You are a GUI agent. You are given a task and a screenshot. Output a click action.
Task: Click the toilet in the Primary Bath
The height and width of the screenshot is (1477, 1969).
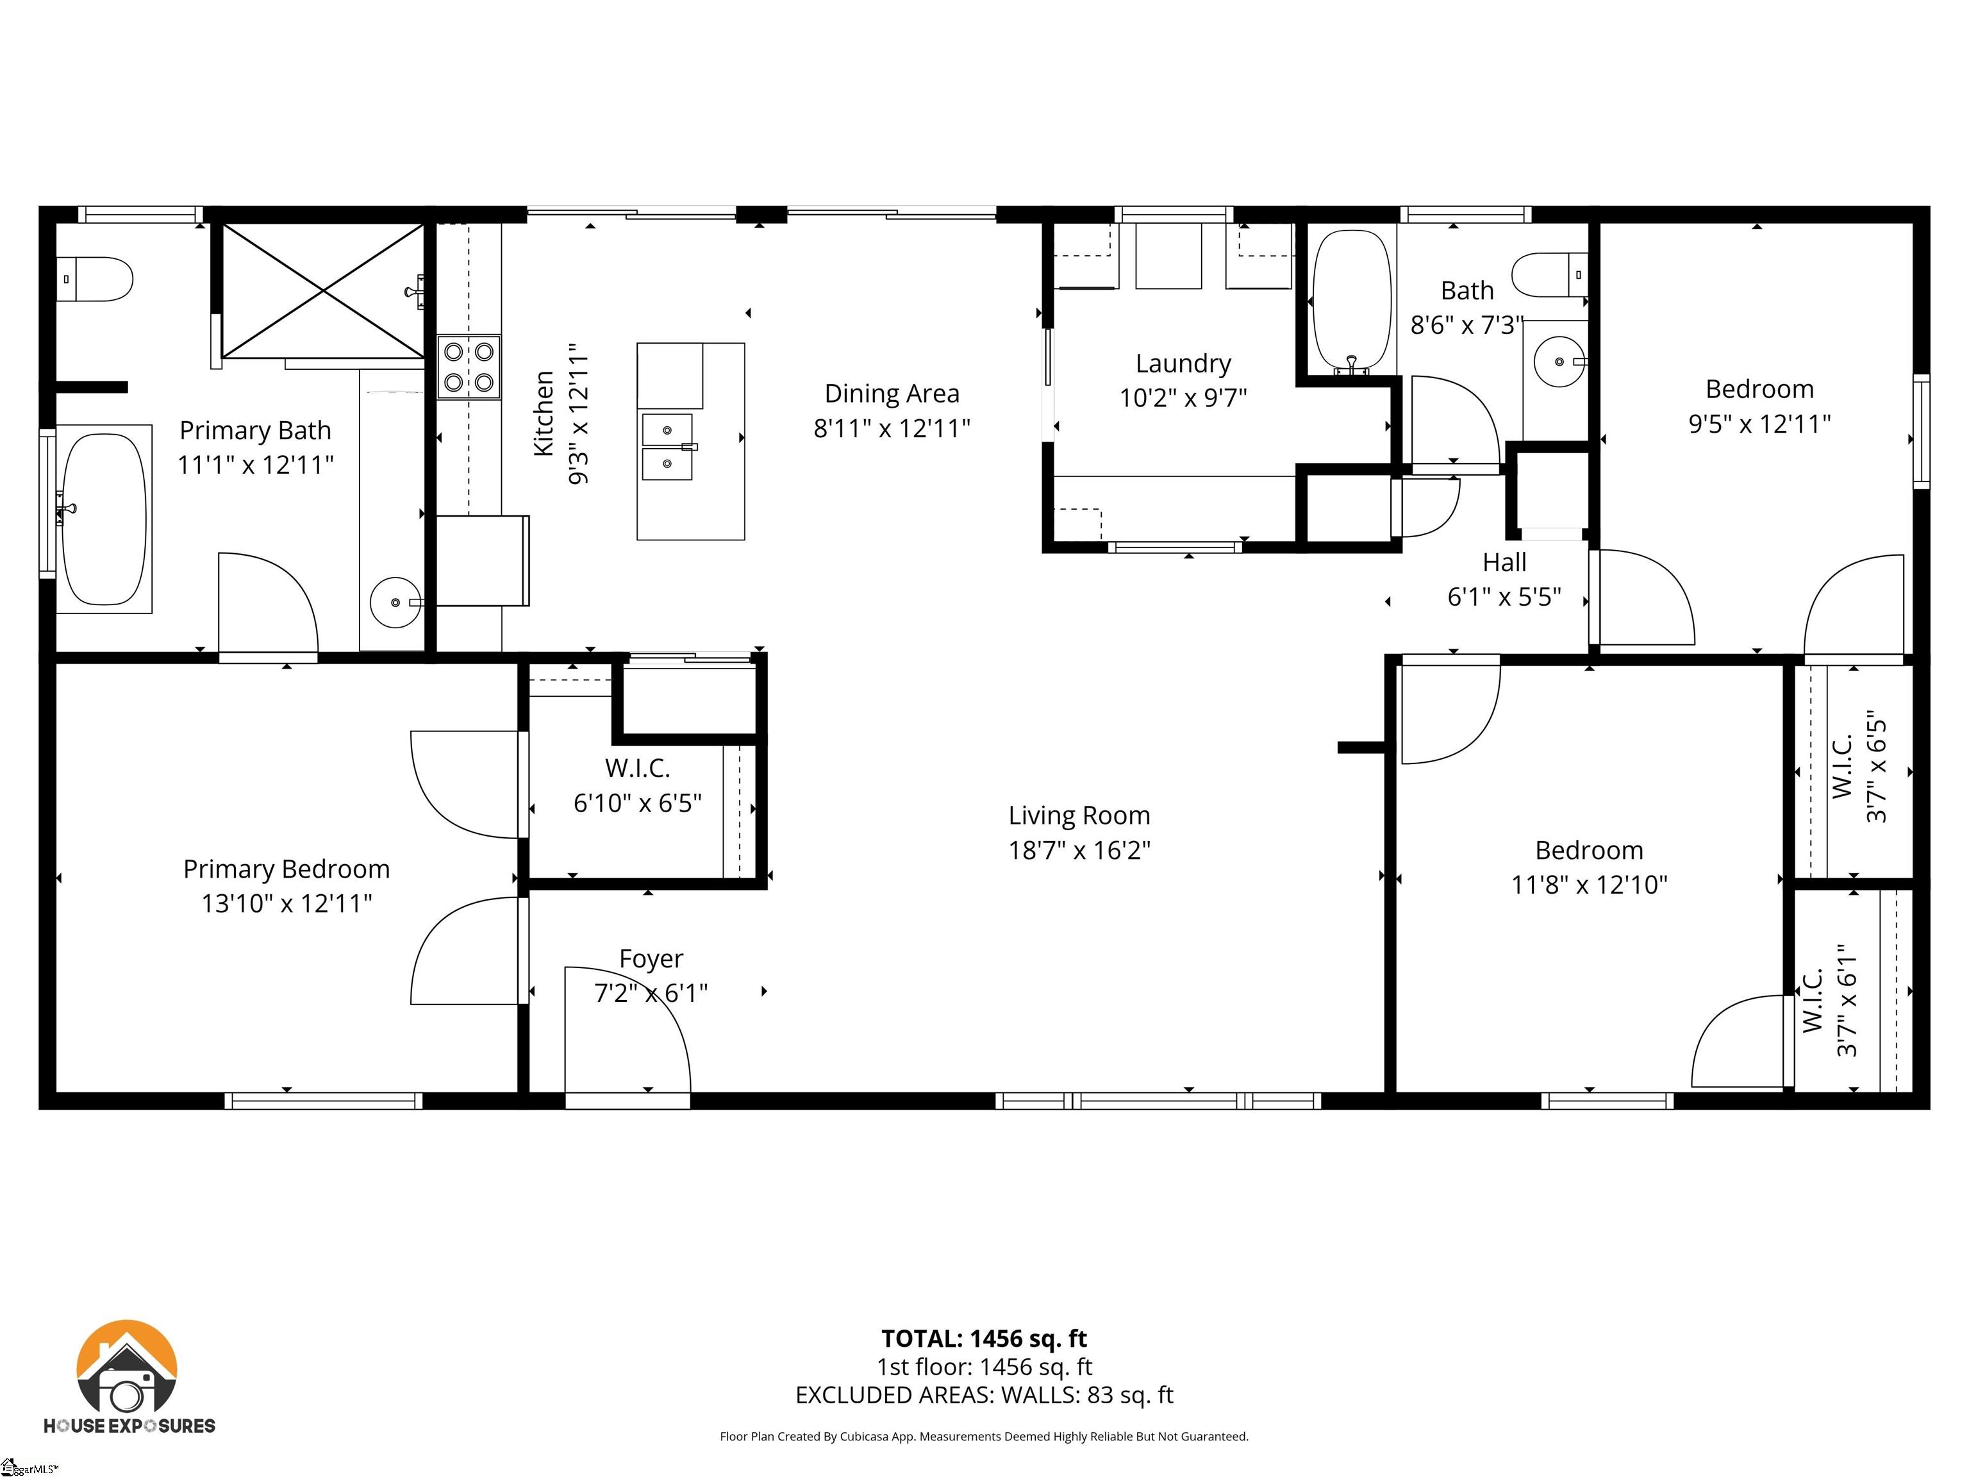96,280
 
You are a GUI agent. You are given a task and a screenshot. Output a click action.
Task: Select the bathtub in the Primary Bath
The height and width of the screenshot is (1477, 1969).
103,519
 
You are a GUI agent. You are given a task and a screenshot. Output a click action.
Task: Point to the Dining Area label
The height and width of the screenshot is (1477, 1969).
892,394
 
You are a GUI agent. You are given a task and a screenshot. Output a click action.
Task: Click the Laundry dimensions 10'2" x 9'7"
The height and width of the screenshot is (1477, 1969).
1183,398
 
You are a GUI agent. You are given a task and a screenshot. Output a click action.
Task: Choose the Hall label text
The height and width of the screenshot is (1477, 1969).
1504,563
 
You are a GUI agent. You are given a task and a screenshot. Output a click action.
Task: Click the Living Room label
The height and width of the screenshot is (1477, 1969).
1079,815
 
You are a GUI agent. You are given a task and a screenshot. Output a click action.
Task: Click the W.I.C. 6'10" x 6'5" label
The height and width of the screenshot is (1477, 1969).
637,786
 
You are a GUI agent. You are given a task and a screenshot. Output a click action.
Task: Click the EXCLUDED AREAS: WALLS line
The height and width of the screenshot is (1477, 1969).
984,1395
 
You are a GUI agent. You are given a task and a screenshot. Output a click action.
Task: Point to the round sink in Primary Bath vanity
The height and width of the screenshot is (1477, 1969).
395,603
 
